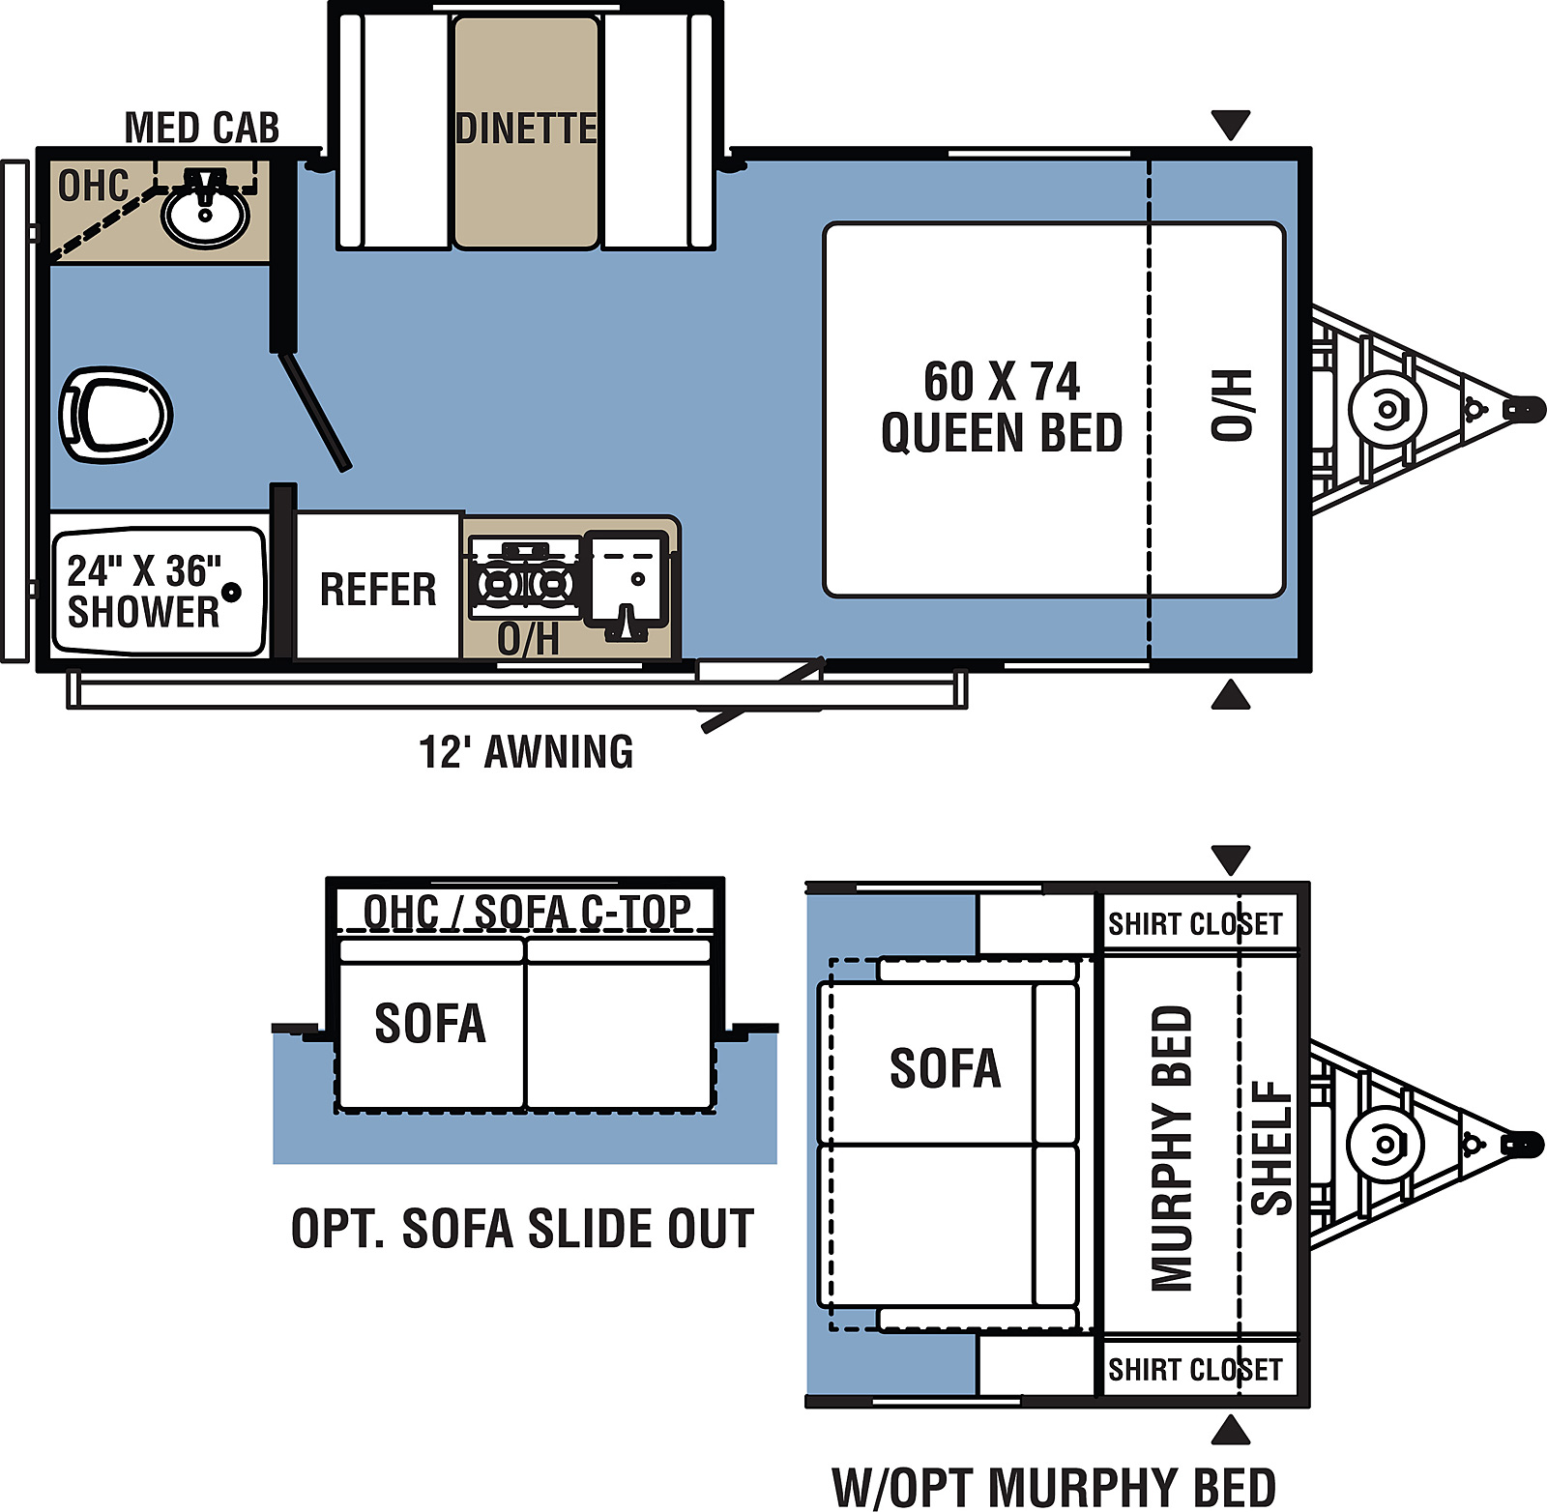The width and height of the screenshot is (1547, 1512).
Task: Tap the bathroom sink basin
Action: [x=205, y=216]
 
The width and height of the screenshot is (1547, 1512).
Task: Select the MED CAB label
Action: [x=202, y=128]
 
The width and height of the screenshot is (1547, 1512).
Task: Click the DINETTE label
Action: [x=526, y=129]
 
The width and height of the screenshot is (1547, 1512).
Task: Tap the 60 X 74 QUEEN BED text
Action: [x=1002, y=407]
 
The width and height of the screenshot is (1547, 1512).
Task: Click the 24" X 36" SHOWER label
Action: [x=144, y=591]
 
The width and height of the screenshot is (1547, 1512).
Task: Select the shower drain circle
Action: [x=232, y=592]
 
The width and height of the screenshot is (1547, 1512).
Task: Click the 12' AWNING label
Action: [x=526, y=752]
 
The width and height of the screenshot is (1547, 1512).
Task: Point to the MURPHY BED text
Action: [x=1172, y=1148]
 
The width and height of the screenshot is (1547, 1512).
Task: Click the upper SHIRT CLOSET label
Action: [x=1195, y=924]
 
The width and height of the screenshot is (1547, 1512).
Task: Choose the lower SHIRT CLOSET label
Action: [x=1195, y=1369]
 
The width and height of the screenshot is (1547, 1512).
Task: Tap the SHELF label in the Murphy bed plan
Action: [x=1271, y=1148]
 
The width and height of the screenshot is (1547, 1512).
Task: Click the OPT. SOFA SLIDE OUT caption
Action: [x=523, y=1229]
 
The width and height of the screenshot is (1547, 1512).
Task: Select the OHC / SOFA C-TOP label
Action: [x=527, y=911]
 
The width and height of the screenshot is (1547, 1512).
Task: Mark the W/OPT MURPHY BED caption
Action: [x=1054, y=1487]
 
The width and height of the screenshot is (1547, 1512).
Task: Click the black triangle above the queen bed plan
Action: [x=1230, y=125]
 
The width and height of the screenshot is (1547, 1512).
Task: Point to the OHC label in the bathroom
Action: [x=94, y=186]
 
